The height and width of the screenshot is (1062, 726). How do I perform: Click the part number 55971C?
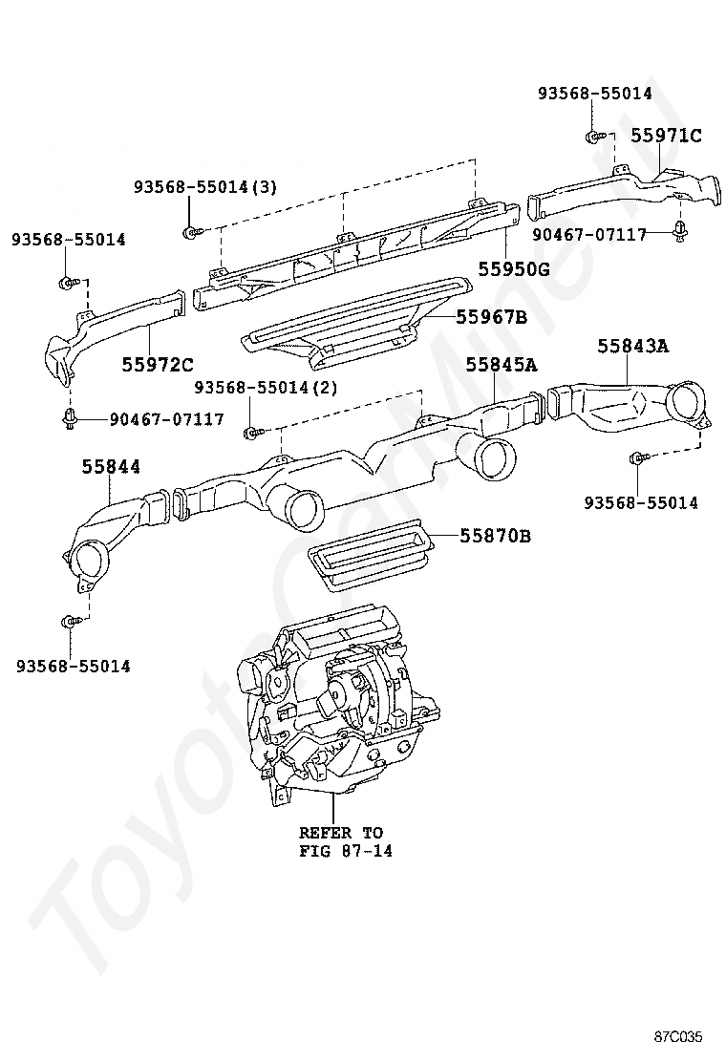click(x=667, y=136)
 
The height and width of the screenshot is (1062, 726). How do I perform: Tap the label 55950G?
click(x=514, y=269)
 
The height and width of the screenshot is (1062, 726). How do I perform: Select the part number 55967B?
click(x=492, y=317)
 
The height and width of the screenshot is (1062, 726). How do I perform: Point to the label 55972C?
click(x=158, y=365)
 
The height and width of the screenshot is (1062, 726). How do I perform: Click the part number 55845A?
click(x=502, y=365)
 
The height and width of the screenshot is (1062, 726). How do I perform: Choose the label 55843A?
click(x=632, y=346)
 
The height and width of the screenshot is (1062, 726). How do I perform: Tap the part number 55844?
click(x=111, y=467)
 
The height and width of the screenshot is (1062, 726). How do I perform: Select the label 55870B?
click(x=496, y=537)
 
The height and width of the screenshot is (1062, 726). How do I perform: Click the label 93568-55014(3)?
click(x=205, y=187)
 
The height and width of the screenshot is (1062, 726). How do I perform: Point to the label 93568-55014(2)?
click(x=267, y=388)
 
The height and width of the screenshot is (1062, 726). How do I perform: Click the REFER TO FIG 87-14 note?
click(x=346, y=842)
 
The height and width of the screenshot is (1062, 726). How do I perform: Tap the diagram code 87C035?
click(x=678, y=1037)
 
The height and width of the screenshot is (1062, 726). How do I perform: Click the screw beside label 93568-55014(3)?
click(x=192, y=232)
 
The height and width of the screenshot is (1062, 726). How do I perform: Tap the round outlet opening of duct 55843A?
click(x=687, y=402)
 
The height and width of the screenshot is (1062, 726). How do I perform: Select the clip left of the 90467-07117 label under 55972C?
click(x=69, y=418)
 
